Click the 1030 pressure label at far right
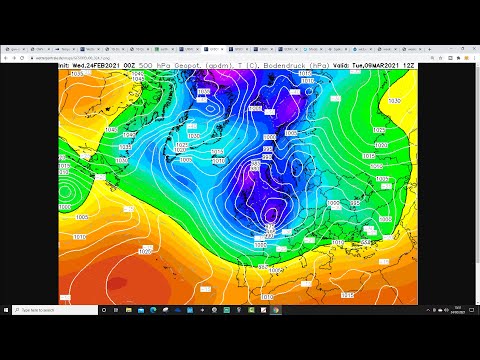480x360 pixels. (393, 101)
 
